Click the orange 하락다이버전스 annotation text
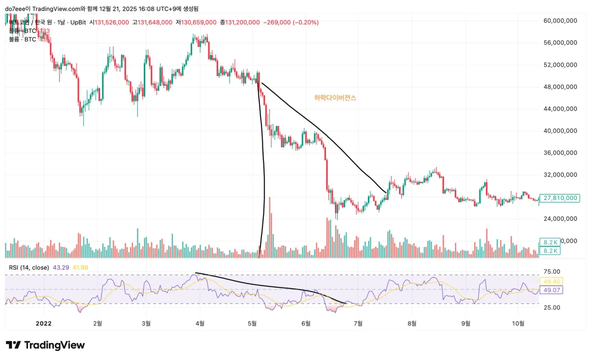(x=335, y=98)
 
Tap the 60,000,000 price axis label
(x=560, y=21)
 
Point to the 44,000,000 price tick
(x=560, y=109)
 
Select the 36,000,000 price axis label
(x=560, y=153)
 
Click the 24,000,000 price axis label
(x=560, y=218)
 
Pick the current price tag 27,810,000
(x=559, y=198)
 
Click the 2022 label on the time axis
(x=43, y=323)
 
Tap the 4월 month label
(x=199, y=323)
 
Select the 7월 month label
(x=358, y=323)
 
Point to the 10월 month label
(x=518, y=323)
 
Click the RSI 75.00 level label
(x=552, y=271)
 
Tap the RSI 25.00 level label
(x=552, y=307)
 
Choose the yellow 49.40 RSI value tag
(x=551, y=281)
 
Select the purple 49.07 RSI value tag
(x=551, y=290)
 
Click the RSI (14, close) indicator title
(x=29, y=267)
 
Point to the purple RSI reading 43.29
(x=60, y=267)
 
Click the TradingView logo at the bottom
(x=45, y=345)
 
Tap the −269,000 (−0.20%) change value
(x=291, y=22)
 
